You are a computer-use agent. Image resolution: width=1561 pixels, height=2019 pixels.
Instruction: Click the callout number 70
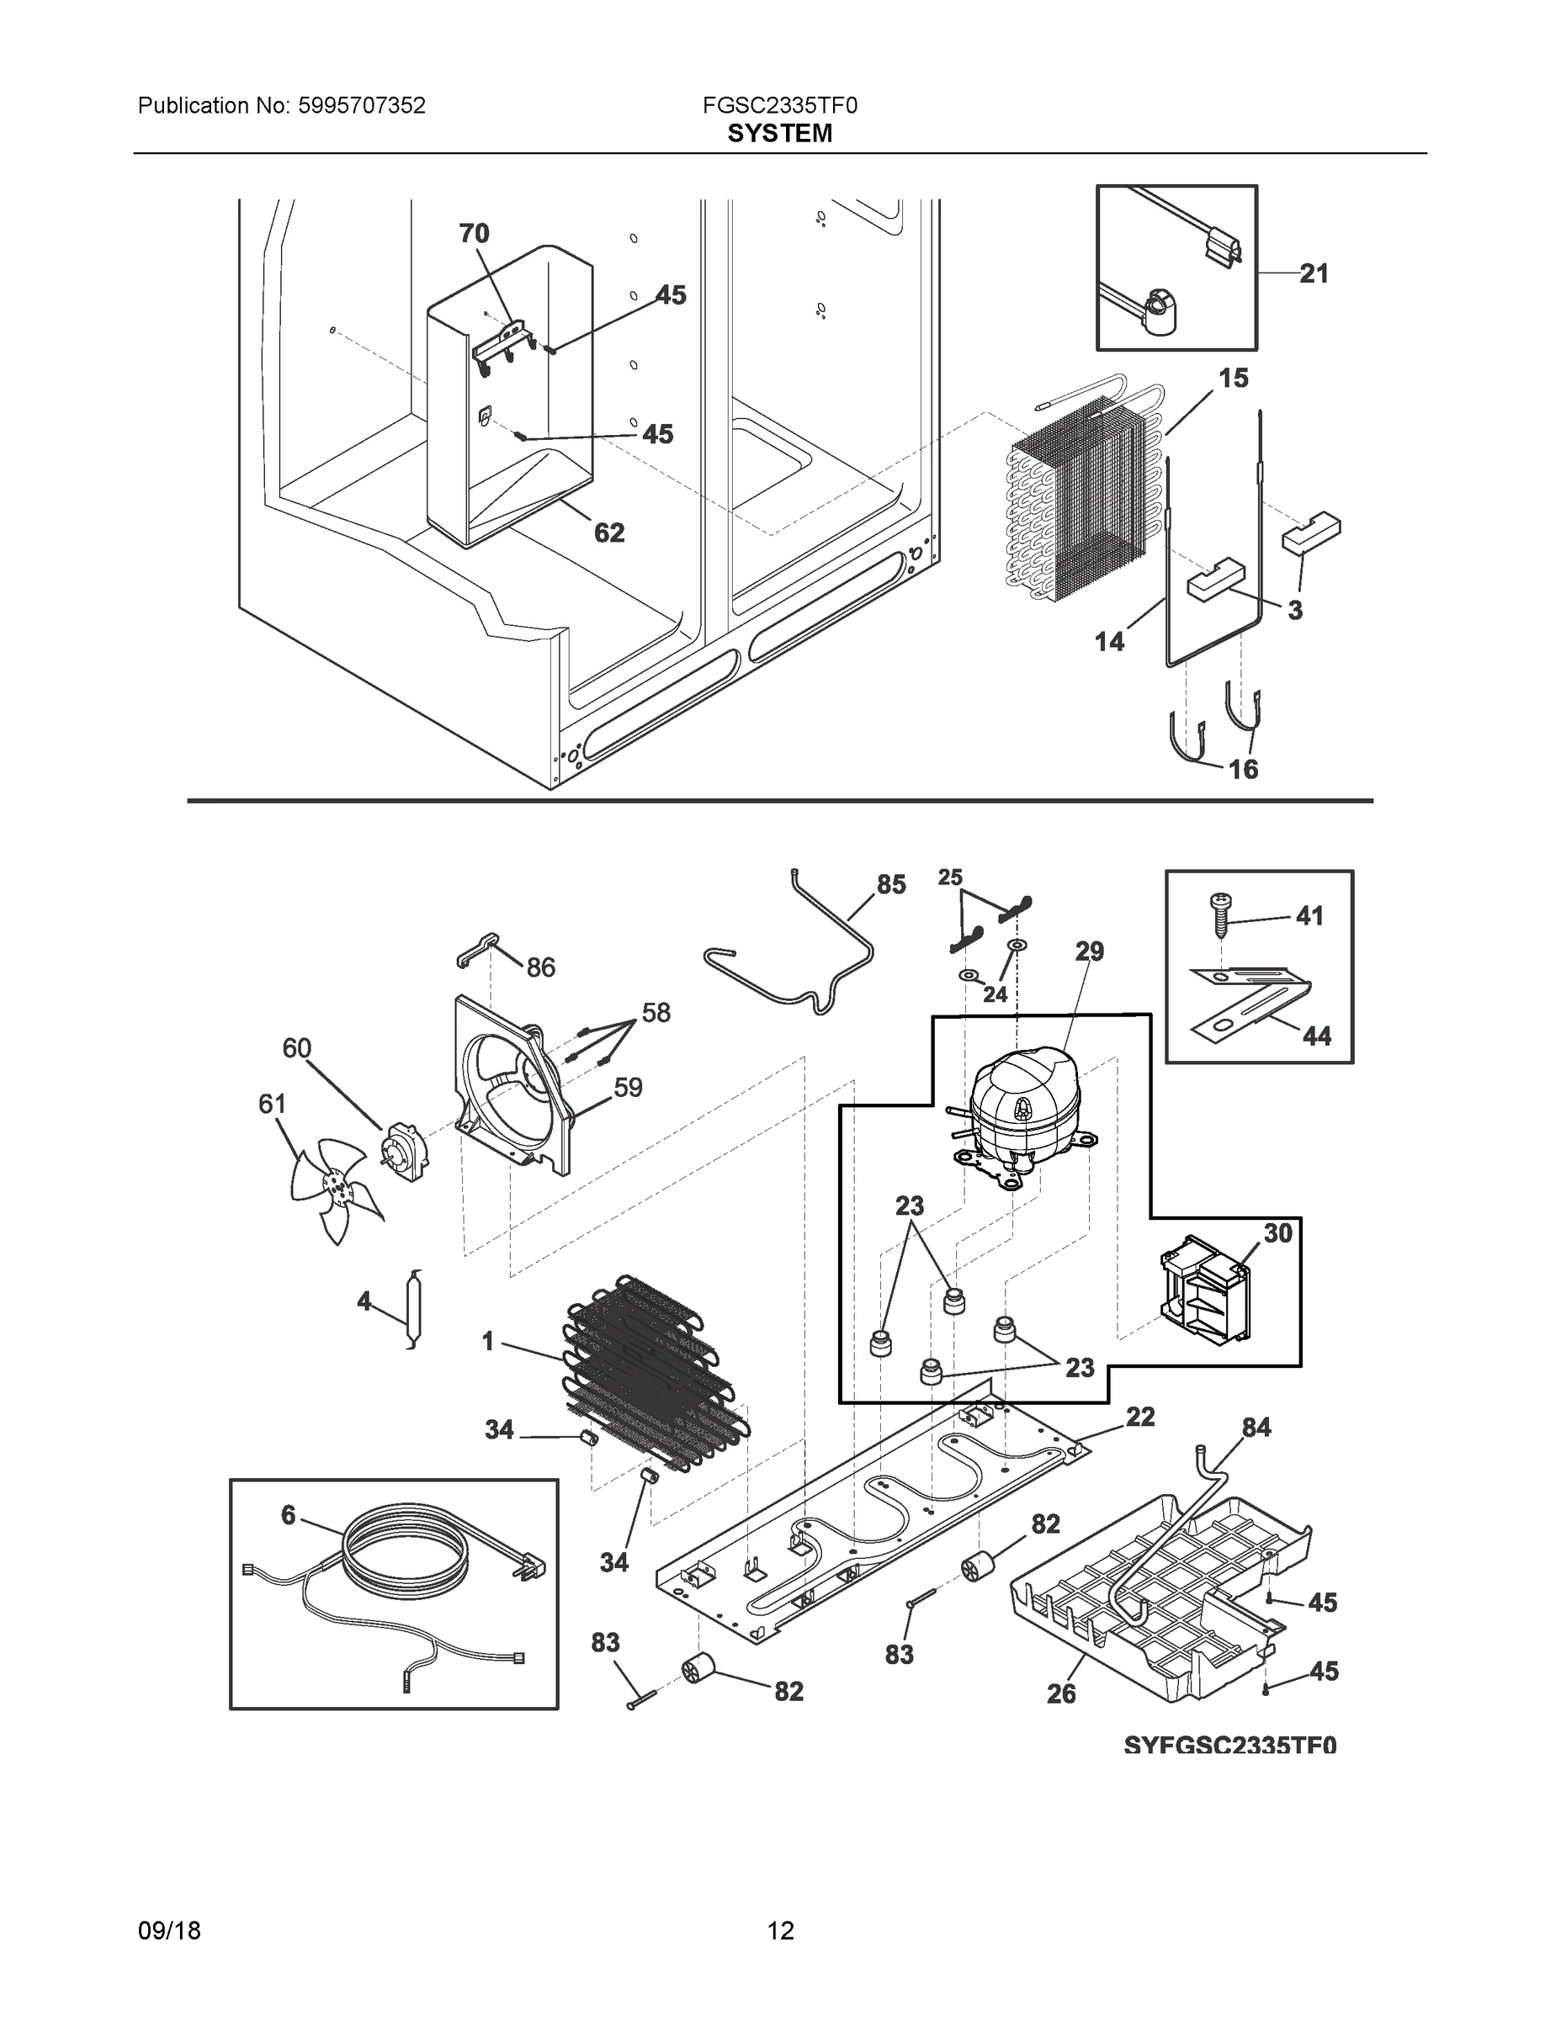pos(474,233)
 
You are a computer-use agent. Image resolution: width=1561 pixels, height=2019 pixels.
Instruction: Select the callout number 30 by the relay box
pos(1277,1232)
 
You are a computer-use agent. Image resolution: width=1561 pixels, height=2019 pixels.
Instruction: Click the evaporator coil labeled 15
pos(1082,499)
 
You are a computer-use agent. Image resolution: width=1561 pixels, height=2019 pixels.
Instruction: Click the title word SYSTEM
pos(779,134)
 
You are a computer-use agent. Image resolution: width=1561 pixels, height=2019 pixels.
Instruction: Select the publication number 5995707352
pos(362,105)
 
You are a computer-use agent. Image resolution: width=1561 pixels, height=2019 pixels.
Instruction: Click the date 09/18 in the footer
pos(169,1931)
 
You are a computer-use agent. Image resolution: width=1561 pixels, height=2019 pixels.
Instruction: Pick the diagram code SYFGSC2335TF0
pos(1230,1745)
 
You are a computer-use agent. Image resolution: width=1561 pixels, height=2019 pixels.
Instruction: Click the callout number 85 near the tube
pos(890,885)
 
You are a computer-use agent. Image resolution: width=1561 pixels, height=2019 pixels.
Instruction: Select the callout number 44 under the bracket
pos(1316,1036)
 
